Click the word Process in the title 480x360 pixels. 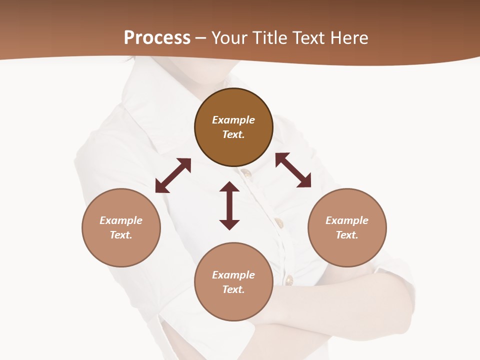157,37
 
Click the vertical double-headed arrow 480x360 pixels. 229,205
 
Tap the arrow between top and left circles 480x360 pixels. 173,175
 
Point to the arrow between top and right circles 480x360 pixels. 293,170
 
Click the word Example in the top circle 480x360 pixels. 233,120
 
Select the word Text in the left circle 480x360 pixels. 121,235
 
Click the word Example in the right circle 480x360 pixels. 347,220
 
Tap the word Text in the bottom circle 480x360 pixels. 233,289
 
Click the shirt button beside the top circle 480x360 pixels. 245,173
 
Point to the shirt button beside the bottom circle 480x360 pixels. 288,280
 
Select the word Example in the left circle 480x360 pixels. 121,220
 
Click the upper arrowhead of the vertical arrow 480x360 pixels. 229,187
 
